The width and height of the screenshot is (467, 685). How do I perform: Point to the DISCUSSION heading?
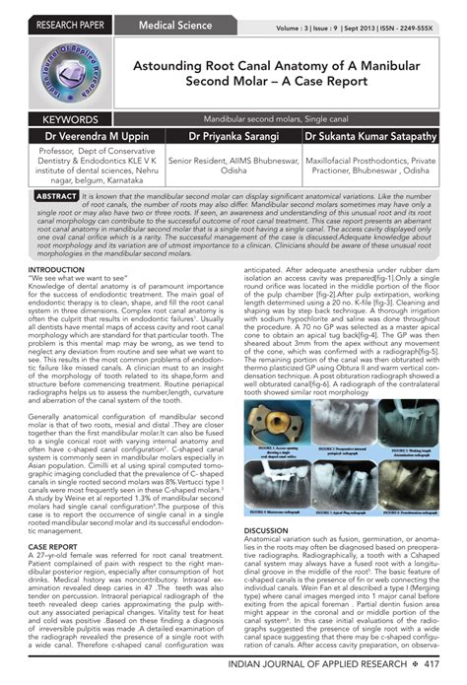(266, 531)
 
